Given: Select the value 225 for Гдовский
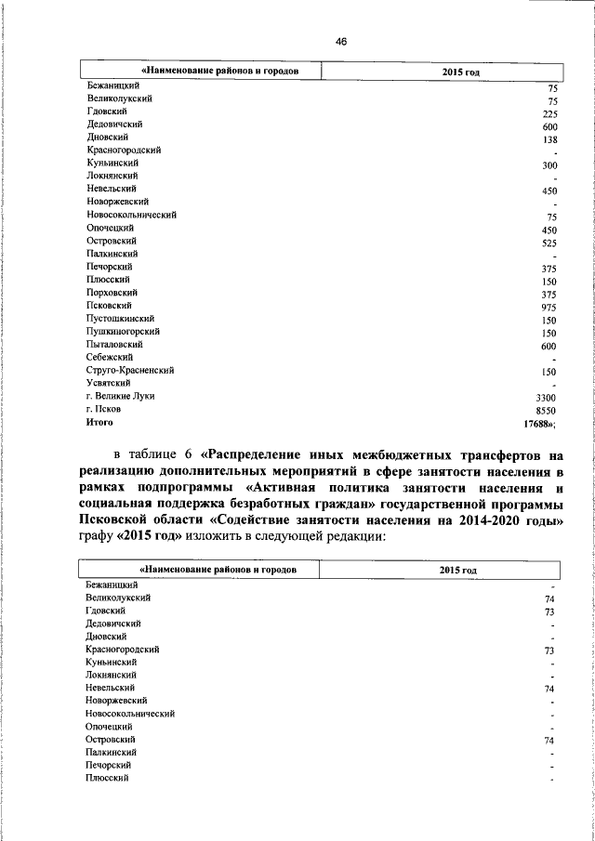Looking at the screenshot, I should click(549, 113).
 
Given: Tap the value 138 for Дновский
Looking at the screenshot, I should click(549, 139).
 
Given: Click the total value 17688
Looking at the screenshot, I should click(539, 423).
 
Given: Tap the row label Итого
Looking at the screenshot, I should click(99, 422).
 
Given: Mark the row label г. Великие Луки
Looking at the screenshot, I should click(121, 396).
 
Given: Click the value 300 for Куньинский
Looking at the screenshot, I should click(549, 165).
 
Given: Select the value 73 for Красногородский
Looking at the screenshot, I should click(549, 651).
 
